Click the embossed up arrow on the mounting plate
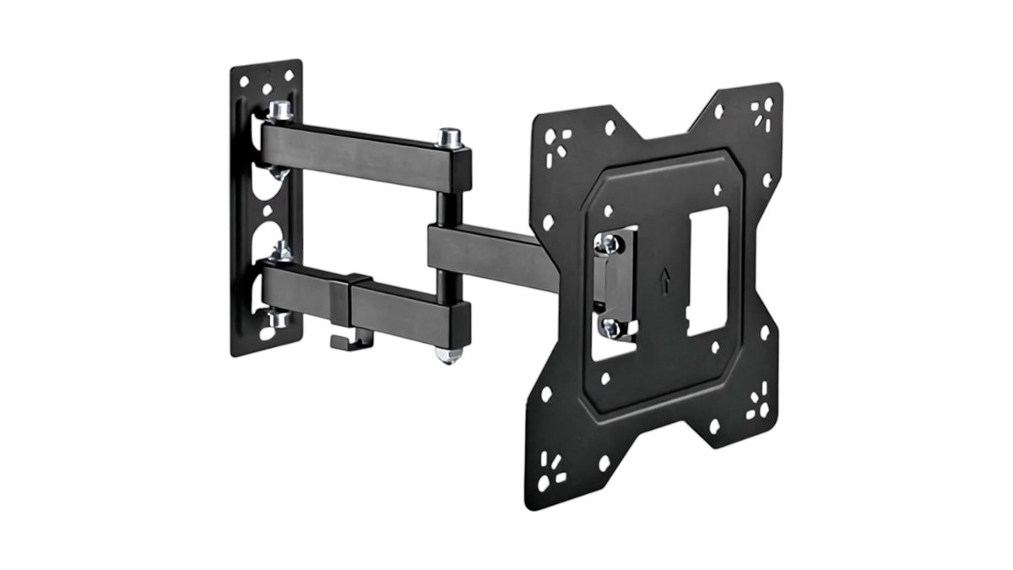pyautogui.click(x=664, y=280)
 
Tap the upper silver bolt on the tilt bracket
pyautogui.click(x=609, y=244)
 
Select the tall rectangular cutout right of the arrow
pyautogui.click(x=707, y=272)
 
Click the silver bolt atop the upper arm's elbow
pyautogui.click(x=449, y=136)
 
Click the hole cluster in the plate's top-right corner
pyautogui.click(x=762, y=111)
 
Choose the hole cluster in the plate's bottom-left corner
pyautogui.click(x=553, y=470)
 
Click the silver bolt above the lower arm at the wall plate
pyautogui.click(x=282, y=251)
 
